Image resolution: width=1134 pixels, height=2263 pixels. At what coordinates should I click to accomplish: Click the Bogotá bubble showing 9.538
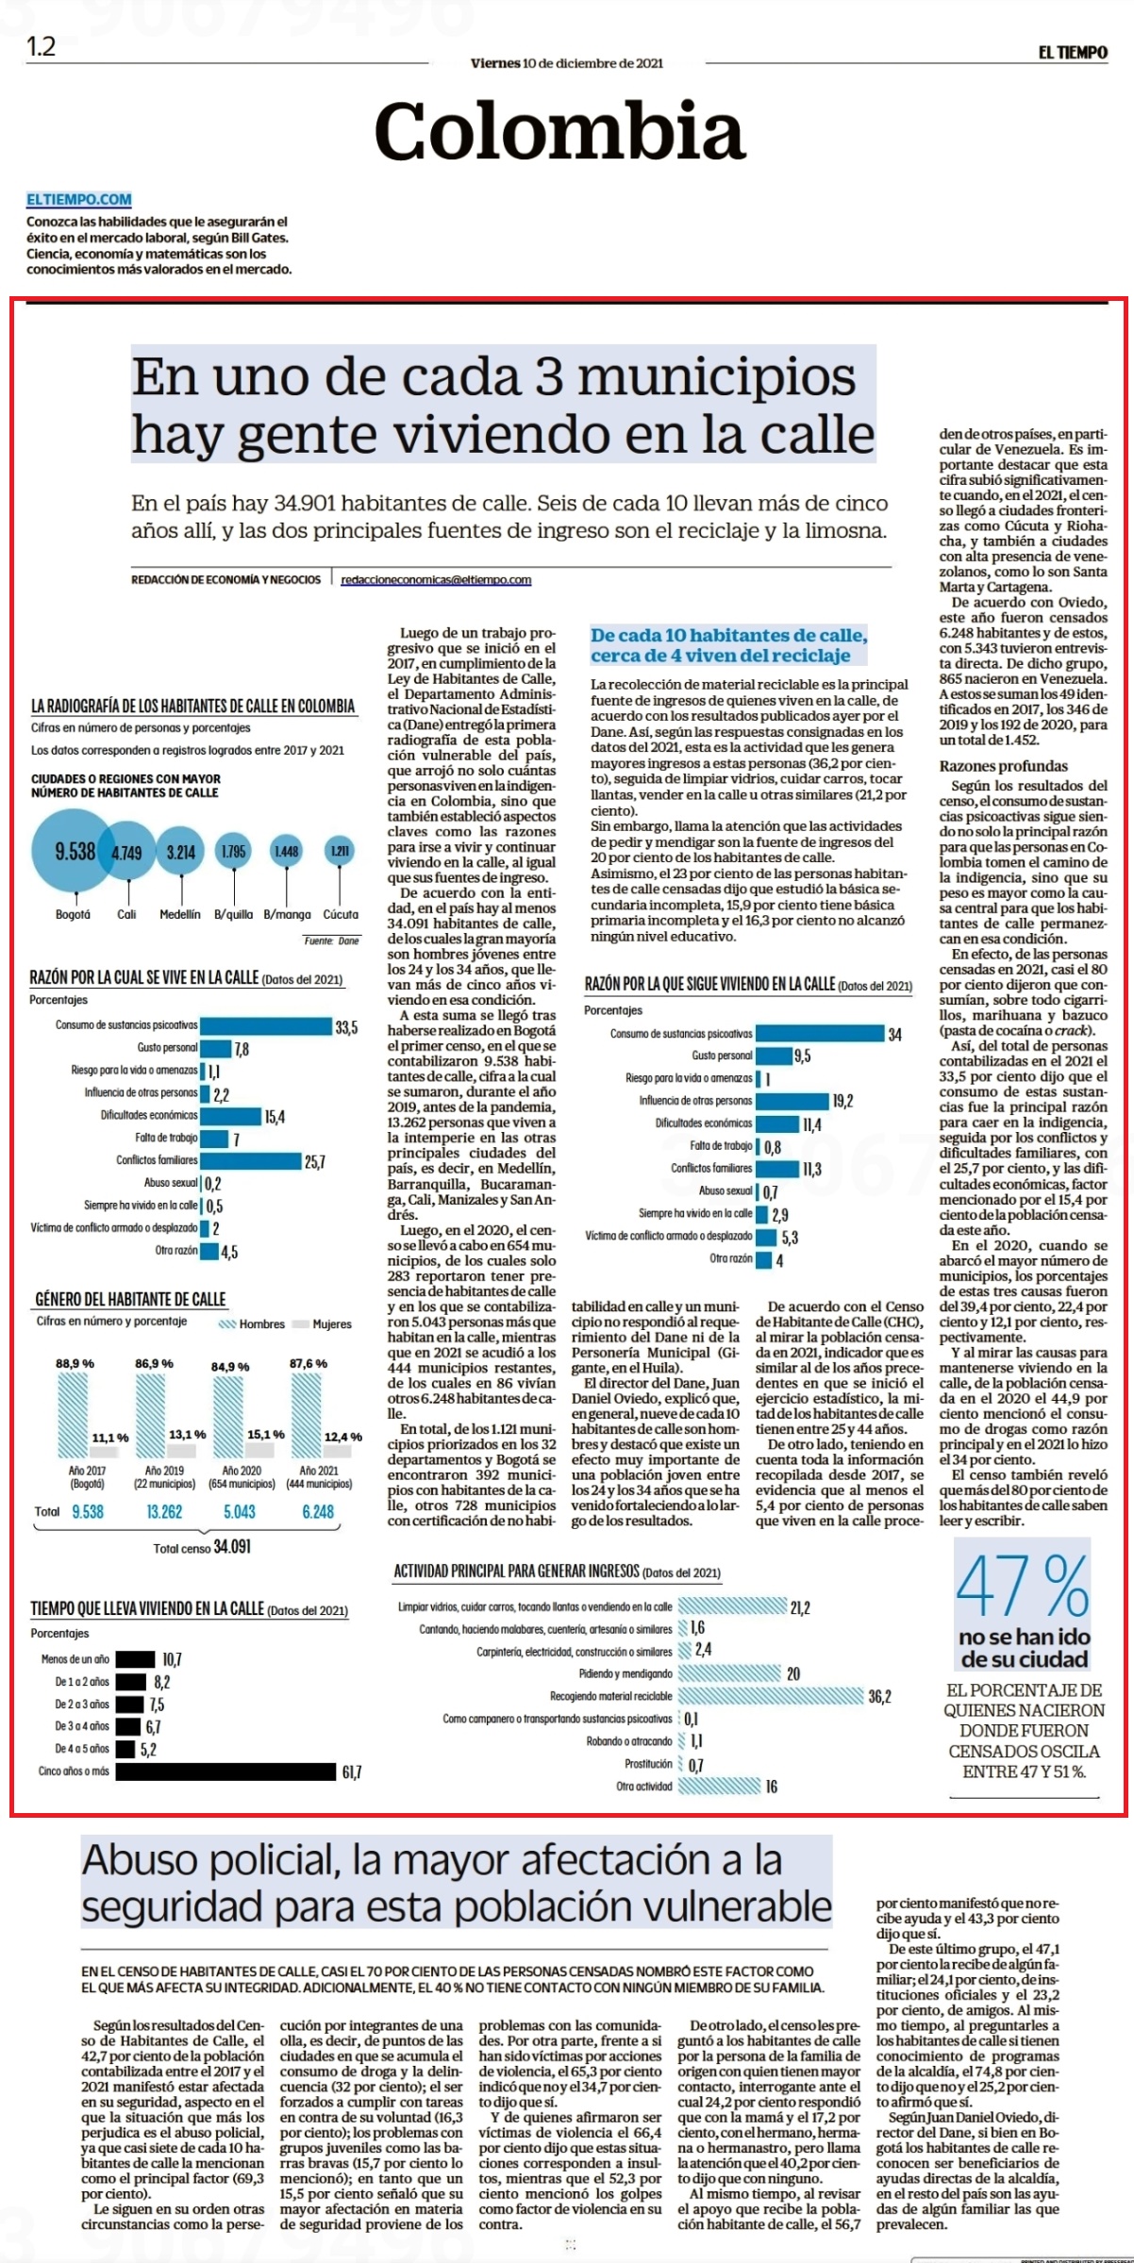click(74, 851)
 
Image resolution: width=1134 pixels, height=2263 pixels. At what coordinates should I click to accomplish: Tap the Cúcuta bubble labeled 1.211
click(340, 851)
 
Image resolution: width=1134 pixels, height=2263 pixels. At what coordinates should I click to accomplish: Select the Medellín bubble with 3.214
click(180, 852)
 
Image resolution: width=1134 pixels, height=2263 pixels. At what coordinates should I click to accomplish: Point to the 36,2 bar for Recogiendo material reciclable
click(771, 1696)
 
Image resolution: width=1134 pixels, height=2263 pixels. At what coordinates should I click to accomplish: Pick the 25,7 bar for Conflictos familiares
click(250, 1161)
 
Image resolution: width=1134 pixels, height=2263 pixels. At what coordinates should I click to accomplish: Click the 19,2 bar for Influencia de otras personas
click(792, 1100)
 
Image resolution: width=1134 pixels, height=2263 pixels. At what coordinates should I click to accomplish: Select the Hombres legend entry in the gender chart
click(252, 1324)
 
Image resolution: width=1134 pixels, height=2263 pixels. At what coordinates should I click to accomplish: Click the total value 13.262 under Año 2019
click(164, 1511)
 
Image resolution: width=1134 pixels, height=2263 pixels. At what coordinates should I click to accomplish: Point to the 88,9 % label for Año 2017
click(75, 1363)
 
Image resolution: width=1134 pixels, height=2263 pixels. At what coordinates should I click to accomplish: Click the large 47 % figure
click(1023, 1587)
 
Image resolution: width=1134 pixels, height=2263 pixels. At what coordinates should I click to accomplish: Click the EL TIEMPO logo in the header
click(1073, 53)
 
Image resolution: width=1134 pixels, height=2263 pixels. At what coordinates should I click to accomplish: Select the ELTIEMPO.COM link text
click(79, 200)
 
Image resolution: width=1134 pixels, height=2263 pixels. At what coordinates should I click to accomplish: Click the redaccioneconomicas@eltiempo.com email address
click(436, 579)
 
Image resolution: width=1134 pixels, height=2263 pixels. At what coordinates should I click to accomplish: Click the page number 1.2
click(41, 46)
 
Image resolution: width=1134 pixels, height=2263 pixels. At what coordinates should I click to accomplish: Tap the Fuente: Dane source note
click(331, 940)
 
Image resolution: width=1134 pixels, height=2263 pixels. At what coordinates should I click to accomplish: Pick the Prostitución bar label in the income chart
click(648, 1764)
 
